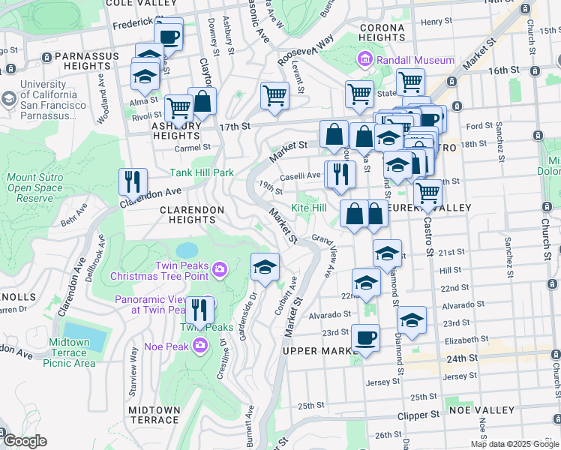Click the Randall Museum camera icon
(365, 58)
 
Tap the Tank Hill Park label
(202, 172)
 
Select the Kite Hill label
(309, 207)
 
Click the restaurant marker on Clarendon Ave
(133, 181)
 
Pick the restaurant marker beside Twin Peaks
(199, 309)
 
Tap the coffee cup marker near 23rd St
(365, 337)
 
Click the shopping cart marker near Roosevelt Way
(275, 95)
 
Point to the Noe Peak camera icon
(200, 344)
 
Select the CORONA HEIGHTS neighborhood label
(382, 32)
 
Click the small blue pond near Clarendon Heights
(187, 249)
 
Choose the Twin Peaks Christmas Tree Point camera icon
(219, 268)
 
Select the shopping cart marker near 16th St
(410, 82)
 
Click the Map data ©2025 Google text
(514, 443)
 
